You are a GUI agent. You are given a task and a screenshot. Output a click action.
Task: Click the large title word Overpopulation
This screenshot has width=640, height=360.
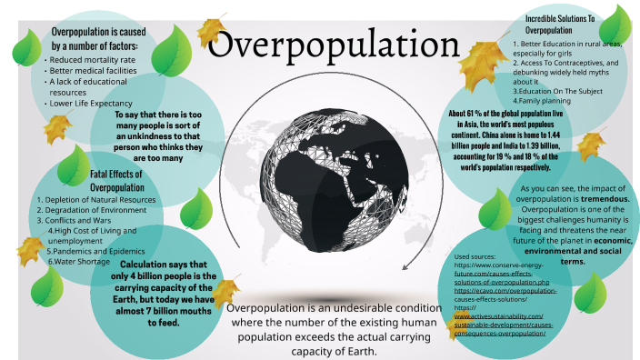coord(319,46)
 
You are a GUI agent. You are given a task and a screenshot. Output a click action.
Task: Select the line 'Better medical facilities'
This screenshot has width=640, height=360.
coord(94,70)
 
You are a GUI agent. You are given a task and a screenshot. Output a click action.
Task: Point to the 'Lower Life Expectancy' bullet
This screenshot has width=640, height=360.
coord(90,104)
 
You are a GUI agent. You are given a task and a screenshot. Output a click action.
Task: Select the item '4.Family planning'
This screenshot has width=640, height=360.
coord(544,100)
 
